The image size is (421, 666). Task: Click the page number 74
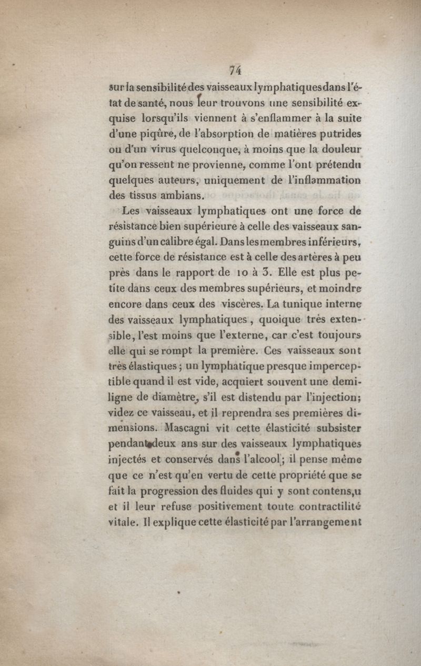click(235, 70)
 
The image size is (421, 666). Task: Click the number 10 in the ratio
click(239, 273)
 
